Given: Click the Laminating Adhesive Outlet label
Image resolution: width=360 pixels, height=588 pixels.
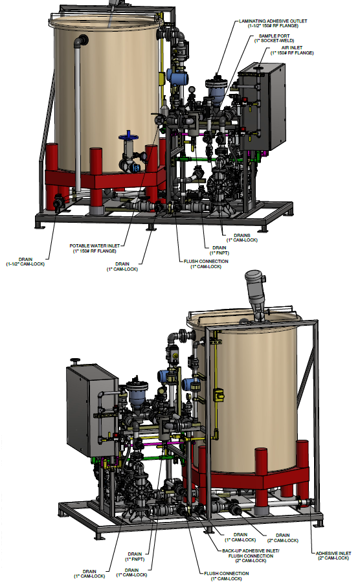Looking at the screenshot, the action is point(273,23).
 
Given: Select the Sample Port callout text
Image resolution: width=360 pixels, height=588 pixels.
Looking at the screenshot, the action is point(274,38).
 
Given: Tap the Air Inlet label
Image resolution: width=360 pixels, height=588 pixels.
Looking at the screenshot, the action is point(292,51).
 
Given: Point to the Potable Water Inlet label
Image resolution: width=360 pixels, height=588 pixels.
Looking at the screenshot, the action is point(95,248).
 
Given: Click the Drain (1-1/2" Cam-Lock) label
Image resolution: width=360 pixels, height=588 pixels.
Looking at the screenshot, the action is point(25,262).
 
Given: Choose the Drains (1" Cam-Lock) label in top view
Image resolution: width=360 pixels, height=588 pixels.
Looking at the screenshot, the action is point(242,238).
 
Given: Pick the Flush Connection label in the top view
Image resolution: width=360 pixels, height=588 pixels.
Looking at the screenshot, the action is point(206,264).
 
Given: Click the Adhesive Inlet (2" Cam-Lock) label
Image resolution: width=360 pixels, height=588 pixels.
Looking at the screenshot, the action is point(333,556).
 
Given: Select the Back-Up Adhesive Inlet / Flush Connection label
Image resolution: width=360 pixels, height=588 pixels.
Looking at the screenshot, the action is point(251,556).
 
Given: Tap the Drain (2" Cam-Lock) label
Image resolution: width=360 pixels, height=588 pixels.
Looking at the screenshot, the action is point(283,537).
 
